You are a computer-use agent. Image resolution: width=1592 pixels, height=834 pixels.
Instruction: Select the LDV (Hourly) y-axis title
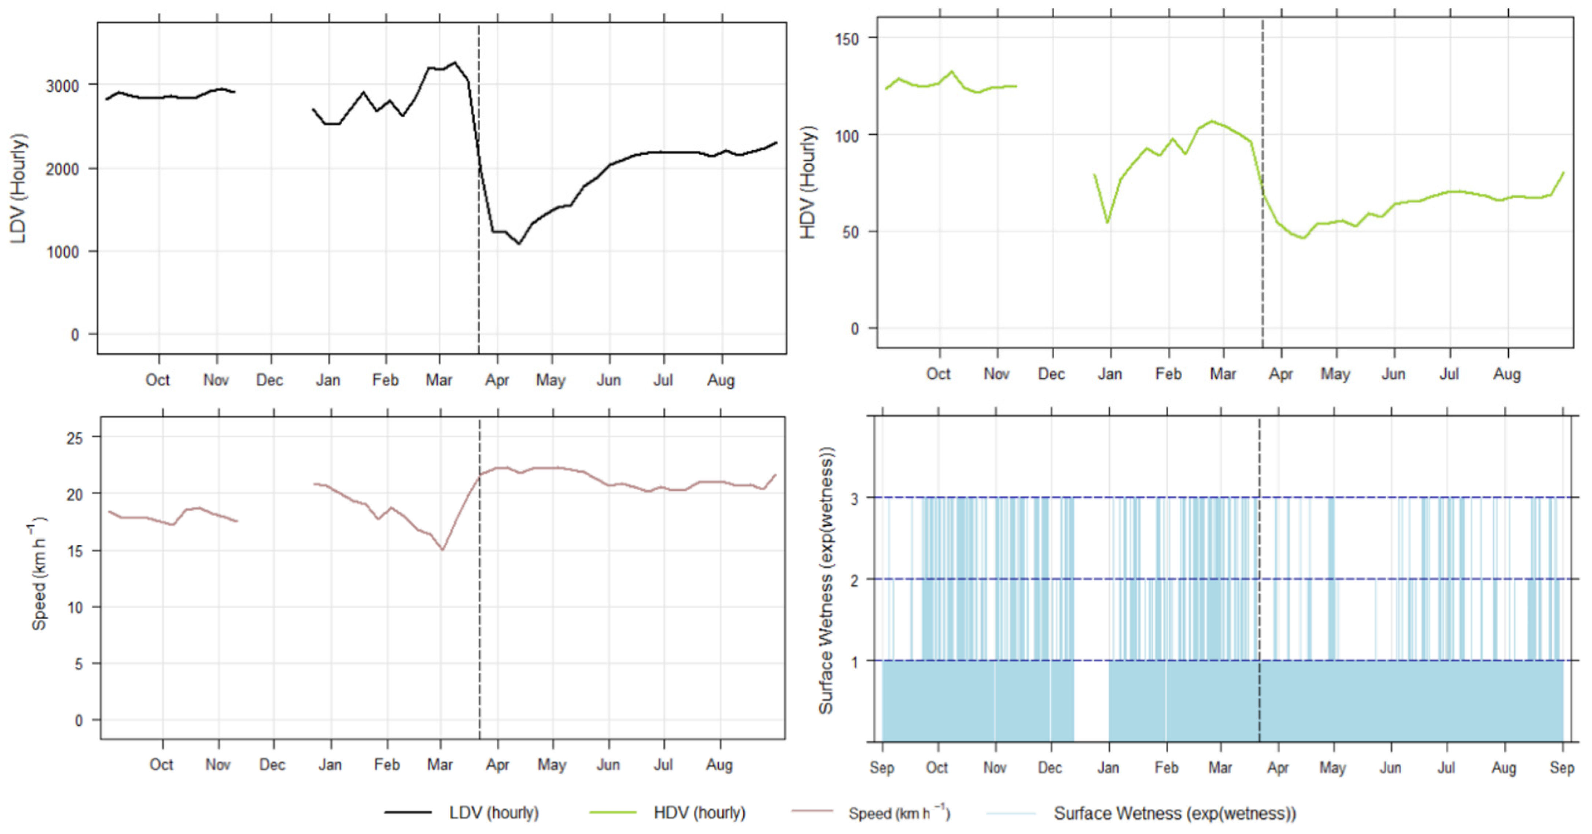19,189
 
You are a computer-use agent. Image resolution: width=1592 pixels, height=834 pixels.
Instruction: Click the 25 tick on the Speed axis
74,438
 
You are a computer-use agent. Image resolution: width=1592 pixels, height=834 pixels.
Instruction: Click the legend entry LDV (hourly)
493,813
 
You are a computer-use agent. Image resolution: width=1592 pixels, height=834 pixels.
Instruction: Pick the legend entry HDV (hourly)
699,813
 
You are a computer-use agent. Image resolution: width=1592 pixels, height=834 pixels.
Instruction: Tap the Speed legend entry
898,813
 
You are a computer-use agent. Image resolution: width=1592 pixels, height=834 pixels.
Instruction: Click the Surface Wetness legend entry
1174,813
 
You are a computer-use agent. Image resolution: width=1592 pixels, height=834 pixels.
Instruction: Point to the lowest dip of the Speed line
442,549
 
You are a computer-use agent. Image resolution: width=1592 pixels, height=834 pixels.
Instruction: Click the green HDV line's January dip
1107,221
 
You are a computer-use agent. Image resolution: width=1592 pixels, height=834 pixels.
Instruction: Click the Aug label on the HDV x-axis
1507,374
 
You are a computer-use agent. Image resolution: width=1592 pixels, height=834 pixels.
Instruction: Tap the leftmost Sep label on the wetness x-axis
881,768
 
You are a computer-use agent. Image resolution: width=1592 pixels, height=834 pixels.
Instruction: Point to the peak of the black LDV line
455,63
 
